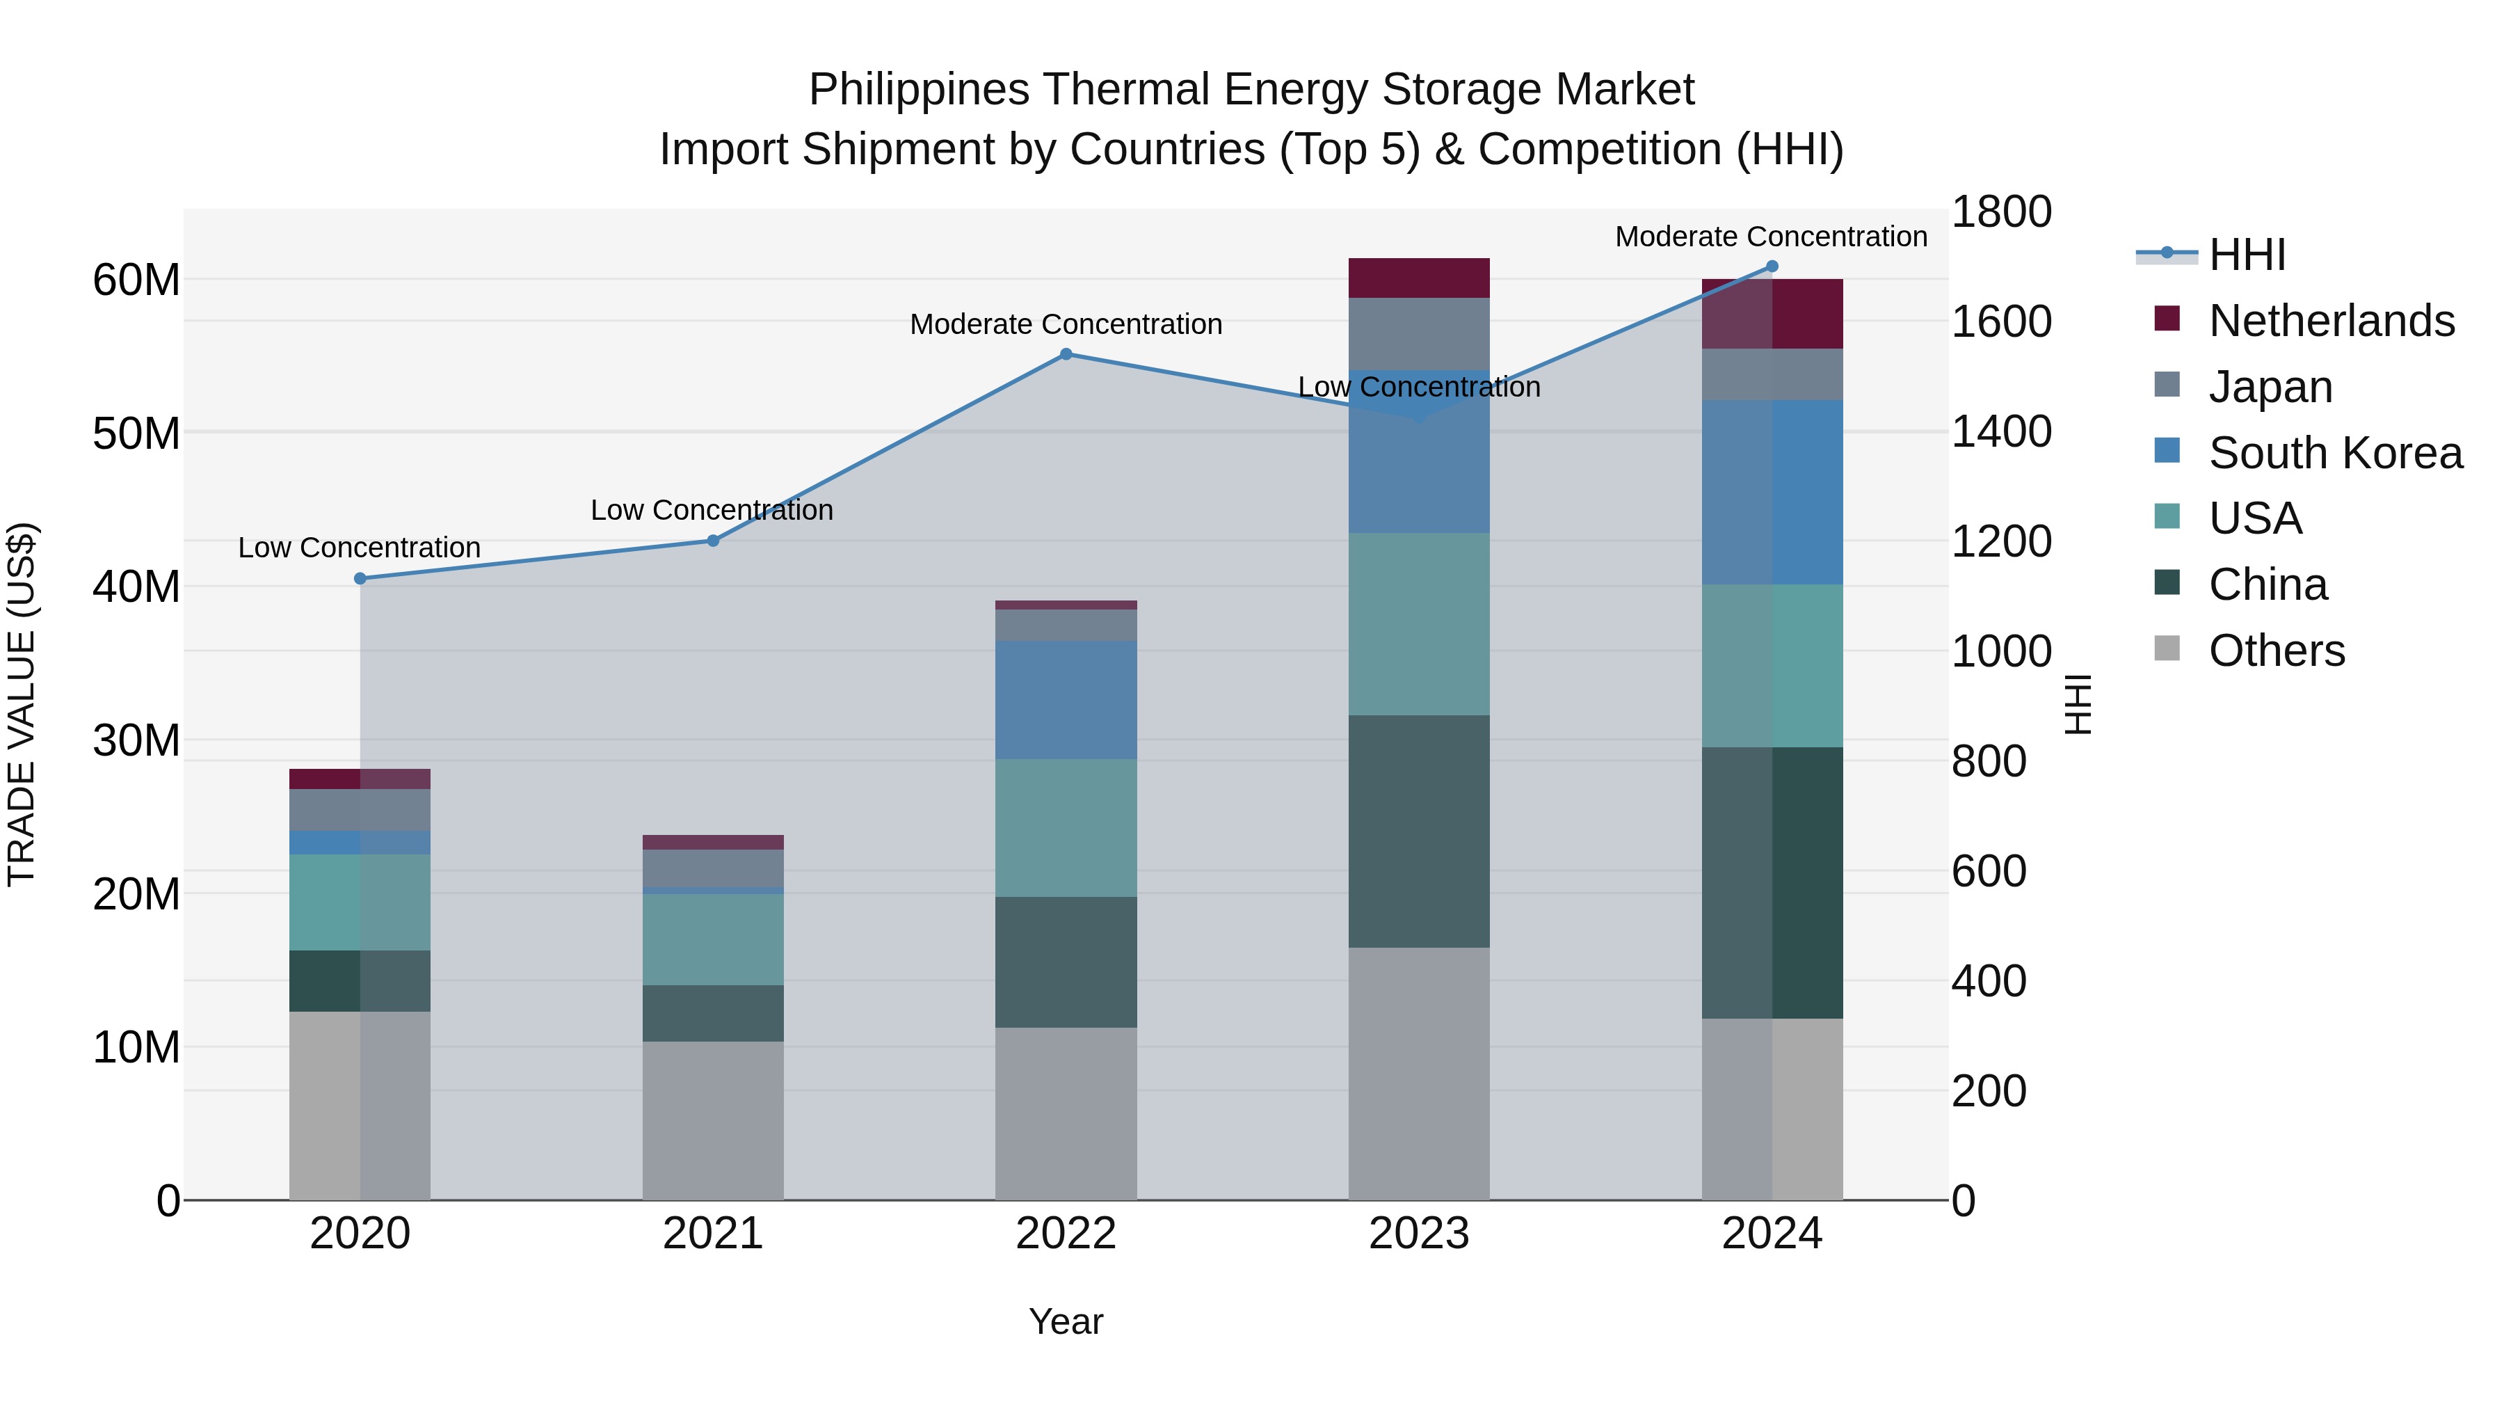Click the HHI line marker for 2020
click(x=360, y=579)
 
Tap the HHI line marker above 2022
click(x=1066, y=354)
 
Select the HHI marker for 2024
click(x=1771, y=266)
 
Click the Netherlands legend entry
click(x=2331, y=321)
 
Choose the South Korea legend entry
click(x=2335, y=453)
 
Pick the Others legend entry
click(x=2276, y=651)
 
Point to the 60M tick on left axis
click(x=136, y=280)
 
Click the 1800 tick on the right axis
click(x=2001, y=212)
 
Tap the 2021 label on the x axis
click(x=712, y=1234)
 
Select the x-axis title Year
click(x=1066, y=1321)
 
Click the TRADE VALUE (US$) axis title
click(x=22, y=705)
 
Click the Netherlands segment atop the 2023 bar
click(x=1418, y=278)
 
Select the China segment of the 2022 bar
click(x=1066, y=962)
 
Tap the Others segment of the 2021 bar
click(x=712, y=1120)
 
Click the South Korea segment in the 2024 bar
click(x=1771, y=492)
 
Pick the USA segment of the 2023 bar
click(x=1418, y=624)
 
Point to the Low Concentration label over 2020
click(x=360, y=548)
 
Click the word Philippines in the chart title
click(x=917, y=90)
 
